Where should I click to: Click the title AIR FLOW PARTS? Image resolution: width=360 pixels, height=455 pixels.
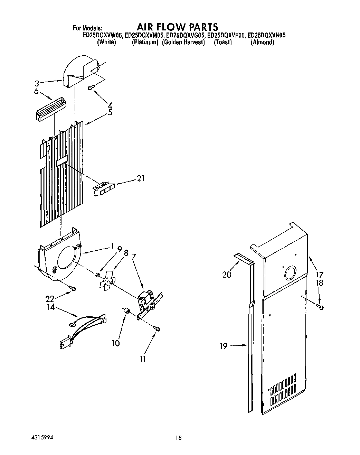pos(177,27)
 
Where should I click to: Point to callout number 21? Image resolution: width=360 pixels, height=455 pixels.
pos(141,178)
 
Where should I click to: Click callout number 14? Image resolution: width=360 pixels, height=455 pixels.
pos(51,307)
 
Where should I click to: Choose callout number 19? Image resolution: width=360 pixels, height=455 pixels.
pos(224,346)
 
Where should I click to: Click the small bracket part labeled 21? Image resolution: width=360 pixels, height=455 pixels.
pos(103,189)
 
